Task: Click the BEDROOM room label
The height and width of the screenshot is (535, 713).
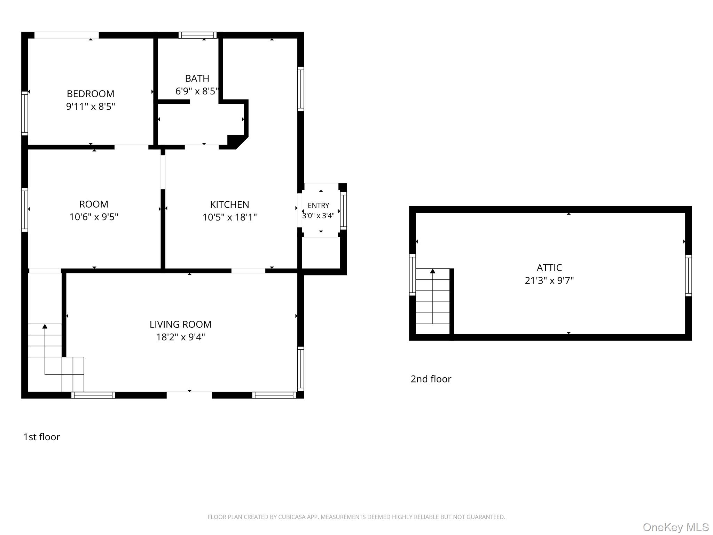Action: (91, 94)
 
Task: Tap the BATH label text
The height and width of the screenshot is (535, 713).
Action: (197, 78)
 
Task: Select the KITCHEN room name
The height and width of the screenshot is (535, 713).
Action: (229, 204)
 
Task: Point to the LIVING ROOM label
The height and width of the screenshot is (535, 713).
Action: (180, 324)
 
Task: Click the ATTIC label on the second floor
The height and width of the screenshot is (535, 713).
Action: (549, 267)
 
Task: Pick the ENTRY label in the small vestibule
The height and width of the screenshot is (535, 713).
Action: (318, 206)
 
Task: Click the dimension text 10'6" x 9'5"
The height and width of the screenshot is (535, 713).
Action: (94, 217)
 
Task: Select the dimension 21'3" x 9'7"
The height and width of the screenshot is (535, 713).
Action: (549, 280)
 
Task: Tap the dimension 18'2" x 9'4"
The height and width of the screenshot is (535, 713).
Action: (180, 337)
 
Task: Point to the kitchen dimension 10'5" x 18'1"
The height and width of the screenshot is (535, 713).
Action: (229, 217)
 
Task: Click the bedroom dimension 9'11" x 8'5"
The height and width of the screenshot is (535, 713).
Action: (91, 106)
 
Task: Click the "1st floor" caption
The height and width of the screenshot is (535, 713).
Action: (41, 437)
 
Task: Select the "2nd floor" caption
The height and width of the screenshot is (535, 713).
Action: (431, 379)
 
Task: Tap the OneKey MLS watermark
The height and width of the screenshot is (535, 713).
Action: (676, 527)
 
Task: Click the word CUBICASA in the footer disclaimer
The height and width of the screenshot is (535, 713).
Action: (291, 517)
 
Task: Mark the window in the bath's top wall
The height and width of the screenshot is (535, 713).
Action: (197, 35)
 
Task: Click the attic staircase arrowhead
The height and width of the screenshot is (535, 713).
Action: (433, 271)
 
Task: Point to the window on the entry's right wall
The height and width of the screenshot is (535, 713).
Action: (343, 211)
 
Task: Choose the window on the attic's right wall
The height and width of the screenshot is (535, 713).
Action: (688, 276)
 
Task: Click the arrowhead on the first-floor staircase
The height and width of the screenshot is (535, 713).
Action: (45, 326)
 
